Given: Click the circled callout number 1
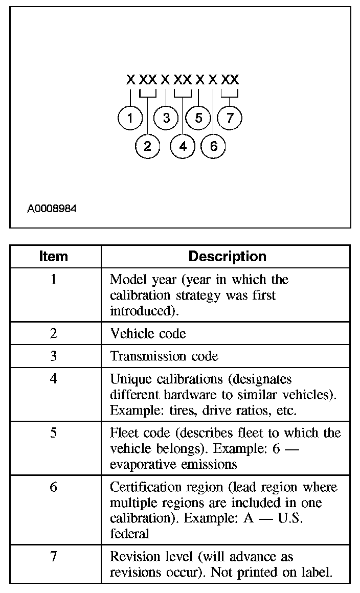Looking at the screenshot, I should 130,118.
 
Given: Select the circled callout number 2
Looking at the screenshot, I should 147,146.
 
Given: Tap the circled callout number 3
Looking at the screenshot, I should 166,118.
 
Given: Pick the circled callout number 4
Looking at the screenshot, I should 183,146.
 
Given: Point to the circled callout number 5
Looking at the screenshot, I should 198,118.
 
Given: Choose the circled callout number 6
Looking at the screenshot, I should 213,146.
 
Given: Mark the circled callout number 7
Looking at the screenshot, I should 230,118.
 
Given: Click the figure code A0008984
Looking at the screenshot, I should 52,209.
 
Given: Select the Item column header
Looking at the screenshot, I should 53,256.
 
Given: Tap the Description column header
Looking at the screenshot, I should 227,256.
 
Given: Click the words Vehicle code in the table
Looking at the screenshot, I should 148,334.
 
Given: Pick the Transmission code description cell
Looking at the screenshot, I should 164,356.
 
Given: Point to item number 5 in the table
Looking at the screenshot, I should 54,433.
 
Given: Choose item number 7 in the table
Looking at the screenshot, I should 54,556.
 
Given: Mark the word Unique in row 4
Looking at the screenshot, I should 127,379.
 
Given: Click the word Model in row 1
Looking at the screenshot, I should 124,280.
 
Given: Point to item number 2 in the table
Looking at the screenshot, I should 54,334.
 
